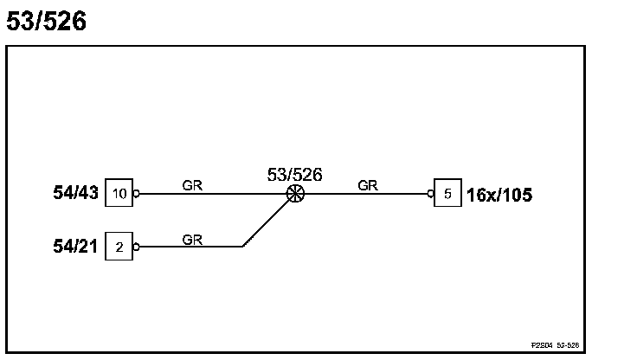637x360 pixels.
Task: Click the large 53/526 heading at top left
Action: [x=47, y=22]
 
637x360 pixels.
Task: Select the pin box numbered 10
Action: [x=119, y=194]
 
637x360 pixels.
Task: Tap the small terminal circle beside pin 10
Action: [x=136, y=194]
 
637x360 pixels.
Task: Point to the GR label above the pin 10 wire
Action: [x=192, y=184]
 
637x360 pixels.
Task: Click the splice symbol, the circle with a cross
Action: [x=295, y=194]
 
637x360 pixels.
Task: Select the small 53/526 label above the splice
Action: [x=295, y=175]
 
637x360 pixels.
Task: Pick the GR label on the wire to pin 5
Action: [x=367, y=184]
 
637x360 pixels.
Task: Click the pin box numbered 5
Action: [x=447, y=194]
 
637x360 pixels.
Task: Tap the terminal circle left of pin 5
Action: [x=431, y=194]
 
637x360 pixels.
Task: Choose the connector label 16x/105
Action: [x=499, y=195]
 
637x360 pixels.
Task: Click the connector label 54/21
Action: [x=77, y=247]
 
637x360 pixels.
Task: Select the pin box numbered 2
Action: [x=119, y=247]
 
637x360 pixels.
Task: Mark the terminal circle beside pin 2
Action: [x=136, y=247]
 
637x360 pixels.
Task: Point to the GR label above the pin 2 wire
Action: [x=192, y=240]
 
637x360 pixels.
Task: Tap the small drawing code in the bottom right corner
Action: [x=555, y=345]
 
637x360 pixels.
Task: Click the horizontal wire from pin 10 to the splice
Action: [x=212, y=194]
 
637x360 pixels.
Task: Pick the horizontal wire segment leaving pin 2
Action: [x=190, y=247]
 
